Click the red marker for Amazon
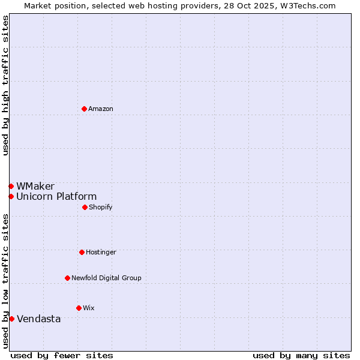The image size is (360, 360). point(85,109)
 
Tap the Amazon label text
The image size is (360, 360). point(101,109)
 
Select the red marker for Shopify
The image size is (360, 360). point(85,207)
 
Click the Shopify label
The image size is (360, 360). point(101,207)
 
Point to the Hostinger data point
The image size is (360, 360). point(82,252)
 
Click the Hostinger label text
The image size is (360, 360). point(101,252)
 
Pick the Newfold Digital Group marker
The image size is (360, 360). point(67,278)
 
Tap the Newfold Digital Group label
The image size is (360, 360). point(106,278)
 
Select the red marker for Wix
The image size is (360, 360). point(79,308)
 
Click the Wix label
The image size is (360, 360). point(89,308)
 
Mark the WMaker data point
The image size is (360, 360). point(11,186)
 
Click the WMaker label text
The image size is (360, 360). point(35,186)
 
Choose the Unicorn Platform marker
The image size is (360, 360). point(11,196)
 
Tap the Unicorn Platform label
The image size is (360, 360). point(56,196)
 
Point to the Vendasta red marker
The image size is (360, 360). point(11,319)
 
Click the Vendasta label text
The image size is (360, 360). point(38,319)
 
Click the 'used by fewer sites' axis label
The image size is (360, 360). point(62,355)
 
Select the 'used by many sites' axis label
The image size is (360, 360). point(301,355)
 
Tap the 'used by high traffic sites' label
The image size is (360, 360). point(5,85)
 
